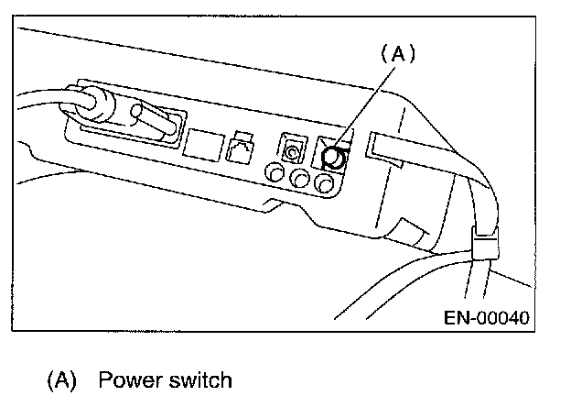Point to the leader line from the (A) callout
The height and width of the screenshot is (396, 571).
coord(365,106)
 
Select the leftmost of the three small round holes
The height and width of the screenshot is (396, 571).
coord(274,173)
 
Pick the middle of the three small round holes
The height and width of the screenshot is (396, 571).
coord(298,179)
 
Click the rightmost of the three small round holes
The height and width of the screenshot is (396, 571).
coord(322,184)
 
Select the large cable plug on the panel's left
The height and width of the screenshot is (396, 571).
coord(128,128)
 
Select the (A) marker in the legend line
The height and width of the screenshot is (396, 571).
coord(66,379)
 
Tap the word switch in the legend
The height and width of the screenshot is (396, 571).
coord(199,379)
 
